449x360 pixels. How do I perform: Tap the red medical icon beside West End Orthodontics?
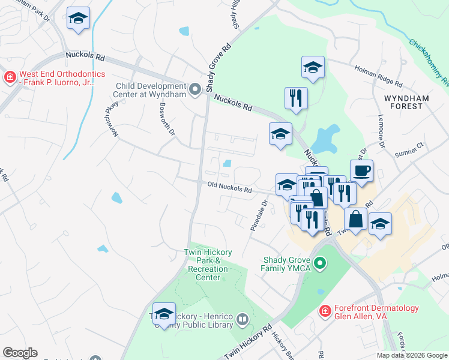(10, 77)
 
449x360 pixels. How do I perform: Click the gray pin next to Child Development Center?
(195, 90)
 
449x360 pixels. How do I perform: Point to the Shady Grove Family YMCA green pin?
(320, 263)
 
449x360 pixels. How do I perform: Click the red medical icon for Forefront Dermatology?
(325, 311)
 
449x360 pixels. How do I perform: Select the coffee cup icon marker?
(362, 171)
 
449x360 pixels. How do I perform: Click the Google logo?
(20, 353)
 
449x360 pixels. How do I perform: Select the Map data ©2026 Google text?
(412, 355)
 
